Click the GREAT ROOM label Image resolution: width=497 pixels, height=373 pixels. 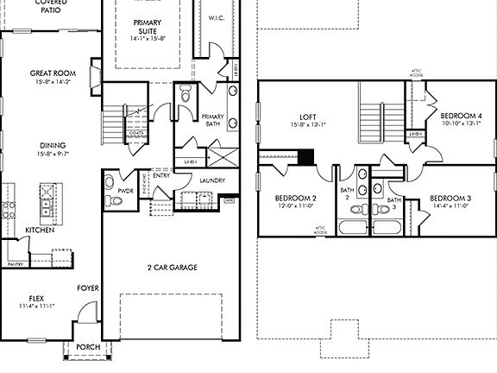click(x=48, y=74)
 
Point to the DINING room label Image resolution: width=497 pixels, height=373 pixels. click(x=47, y=145)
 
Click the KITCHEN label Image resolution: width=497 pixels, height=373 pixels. click(x=40, y=231)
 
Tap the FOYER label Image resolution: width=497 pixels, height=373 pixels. click(x=88, y=288)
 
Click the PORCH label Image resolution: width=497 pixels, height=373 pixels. click(x=87, y=347)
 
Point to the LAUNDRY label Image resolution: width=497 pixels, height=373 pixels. click(x=212, y=180)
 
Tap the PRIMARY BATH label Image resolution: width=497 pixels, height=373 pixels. click(x=212, y=120)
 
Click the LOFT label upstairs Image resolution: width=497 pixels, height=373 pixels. click(x=309, y=116)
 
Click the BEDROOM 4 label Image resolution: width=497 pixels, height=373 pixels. click(x=461, y=116)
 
